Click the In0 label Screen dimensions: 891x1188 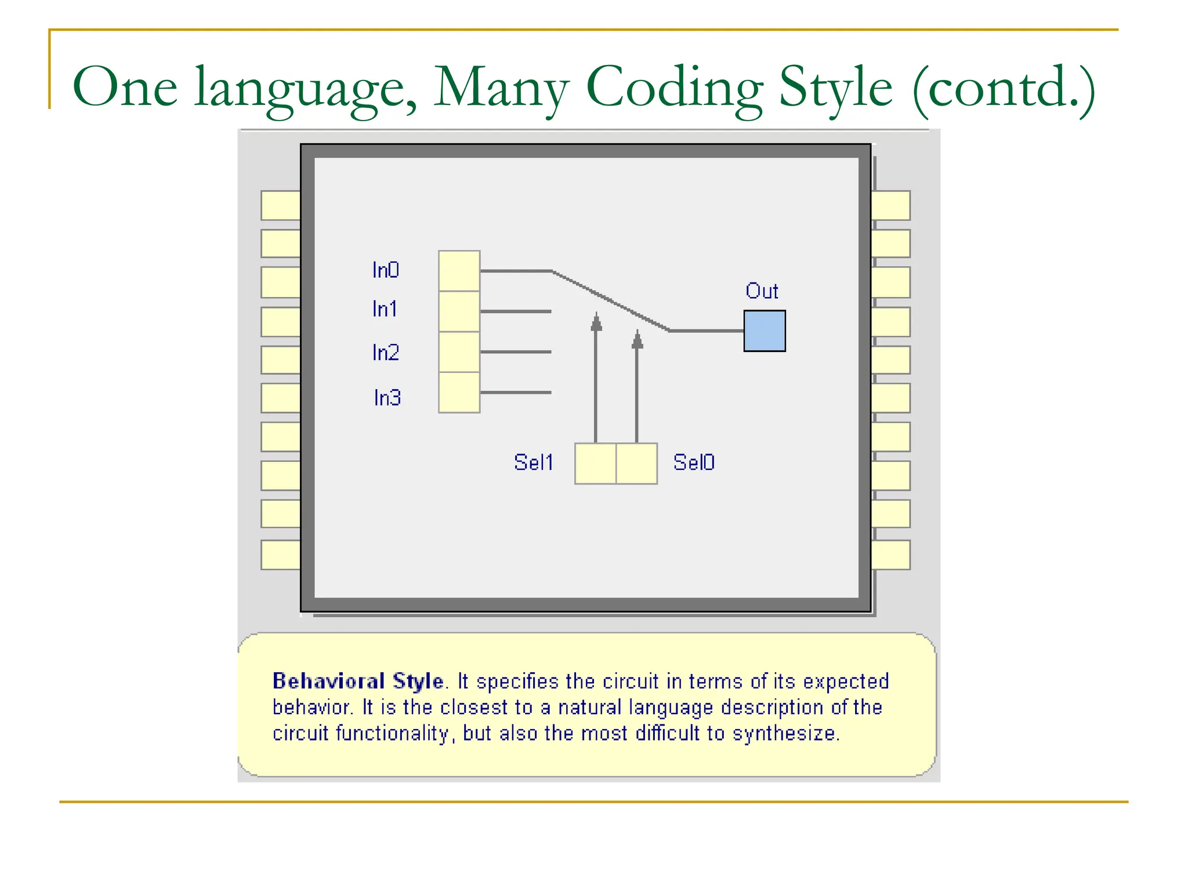pos(386,270)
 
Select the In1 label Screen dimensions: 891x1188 pos(385,309)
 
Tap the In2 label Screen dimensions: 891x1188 pos(386,353)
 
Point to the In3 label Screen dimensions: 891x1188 pos(387,398)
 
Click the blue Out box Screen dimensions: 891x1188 pos(765,331)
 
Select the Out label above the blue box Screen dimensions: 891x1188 pos(762,291)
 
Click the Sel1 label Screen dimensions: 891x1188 pos(534,462)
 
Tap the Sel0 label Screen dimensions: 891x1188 pos(694,462)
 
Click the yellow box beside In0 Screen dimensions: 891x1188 pos(459,271)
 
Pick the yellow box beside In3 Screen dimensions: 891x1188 pos(459,393)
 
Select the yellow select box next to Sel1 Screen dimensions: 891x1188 pos(595,463)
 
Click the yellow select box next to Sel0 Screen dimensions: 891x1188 pos(636,463)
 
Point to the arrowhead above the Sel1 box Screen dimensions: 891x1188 pos(596,322)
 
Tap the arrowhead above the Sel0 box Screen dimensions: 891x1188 pos(637,339)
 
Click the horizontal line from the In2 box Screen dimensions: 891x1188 pos(515,352)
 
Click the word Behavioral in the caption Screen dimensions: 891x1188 pos(328,681)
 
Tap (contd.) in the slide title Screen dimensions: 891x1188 pos(1004,87)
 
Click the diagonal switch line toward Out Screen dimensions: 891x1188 pos(610,300)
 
